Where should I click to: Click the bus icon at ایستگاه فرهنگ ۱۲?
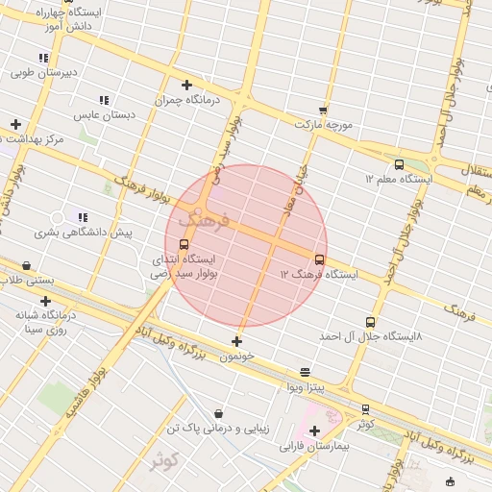click(x=319, y=259)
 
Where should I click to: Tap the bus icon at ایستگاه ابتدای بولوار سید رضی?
click(x=184, y=244)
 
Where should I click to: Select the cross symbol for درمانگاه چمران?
click(x=186, y=85)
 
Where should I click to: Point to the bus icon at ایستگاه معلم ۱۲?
click(x=399, y=164)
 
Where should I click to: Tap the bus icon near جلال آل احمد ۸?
click(x=371, y=322)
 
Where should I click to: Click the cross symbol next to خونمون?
click(x=237, y=341)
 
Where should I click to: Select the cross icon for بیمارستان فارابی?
click(x=314, y=430)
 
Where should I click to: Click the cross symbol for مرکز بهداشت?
click(x=15, y=124)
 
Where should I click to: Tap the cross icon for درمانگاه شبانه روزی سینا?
click(x=45, y=301)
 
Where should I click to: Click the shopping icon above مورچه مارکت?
click(x=323, y=110)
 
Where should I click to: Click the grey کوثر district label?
click(x=163, y=459)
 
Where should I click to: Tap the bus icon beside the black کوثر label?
click(x=365, y=408)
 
